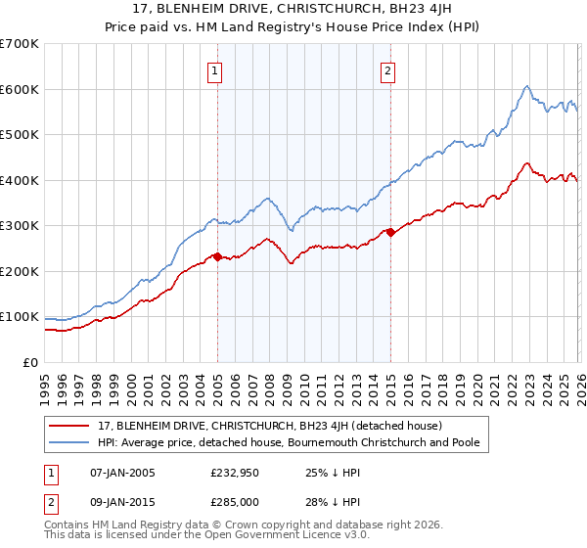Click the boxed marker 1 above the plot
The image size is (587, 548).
pos(214,69)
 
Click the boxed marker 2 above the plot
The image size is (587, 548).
pos(388,69)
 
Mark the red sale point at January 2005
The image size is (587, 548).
pos(217,256)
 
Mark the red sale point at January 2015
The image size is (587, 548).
pos(389,232)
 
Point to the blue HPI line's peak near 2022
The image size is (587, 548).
pos(526,86)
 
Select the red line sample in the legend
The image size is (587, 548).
pos(71,427)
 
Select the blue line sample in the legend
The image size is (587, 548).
pos(71,443)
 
